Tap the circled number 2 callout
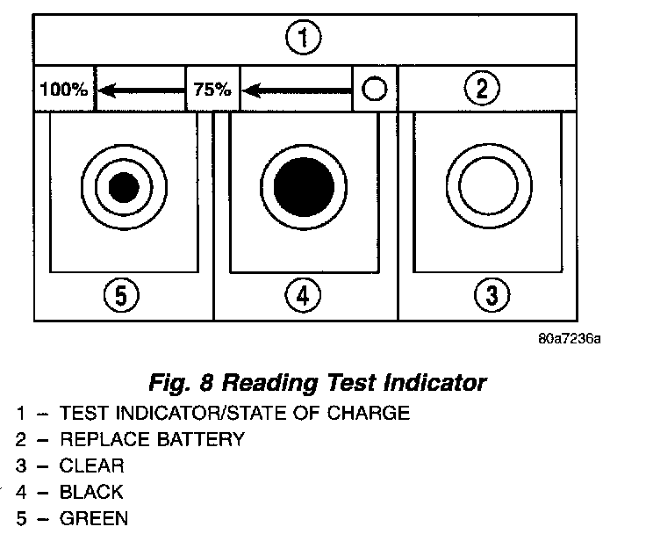(x=482, y=88)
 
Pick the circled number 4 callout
(x=303, y=297)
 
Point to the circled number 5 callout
(x=122, y=297)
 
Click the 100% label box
(x=64, y=89)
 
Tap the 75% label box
(x=212, y=89)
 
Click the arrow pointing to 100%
(x=140, y=89)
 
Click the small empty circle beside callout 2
(x=374, y=89)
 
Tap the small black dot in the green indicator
(x=124, y=186)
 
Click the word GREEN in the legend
(x=93, y=518)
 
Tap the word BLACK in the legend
(x=91, y=492)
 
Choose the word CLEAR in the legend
(x=92, y=465)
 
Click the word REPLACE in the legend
(x=98, y=439)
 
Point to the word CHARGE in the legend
(x=372, y=412)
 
